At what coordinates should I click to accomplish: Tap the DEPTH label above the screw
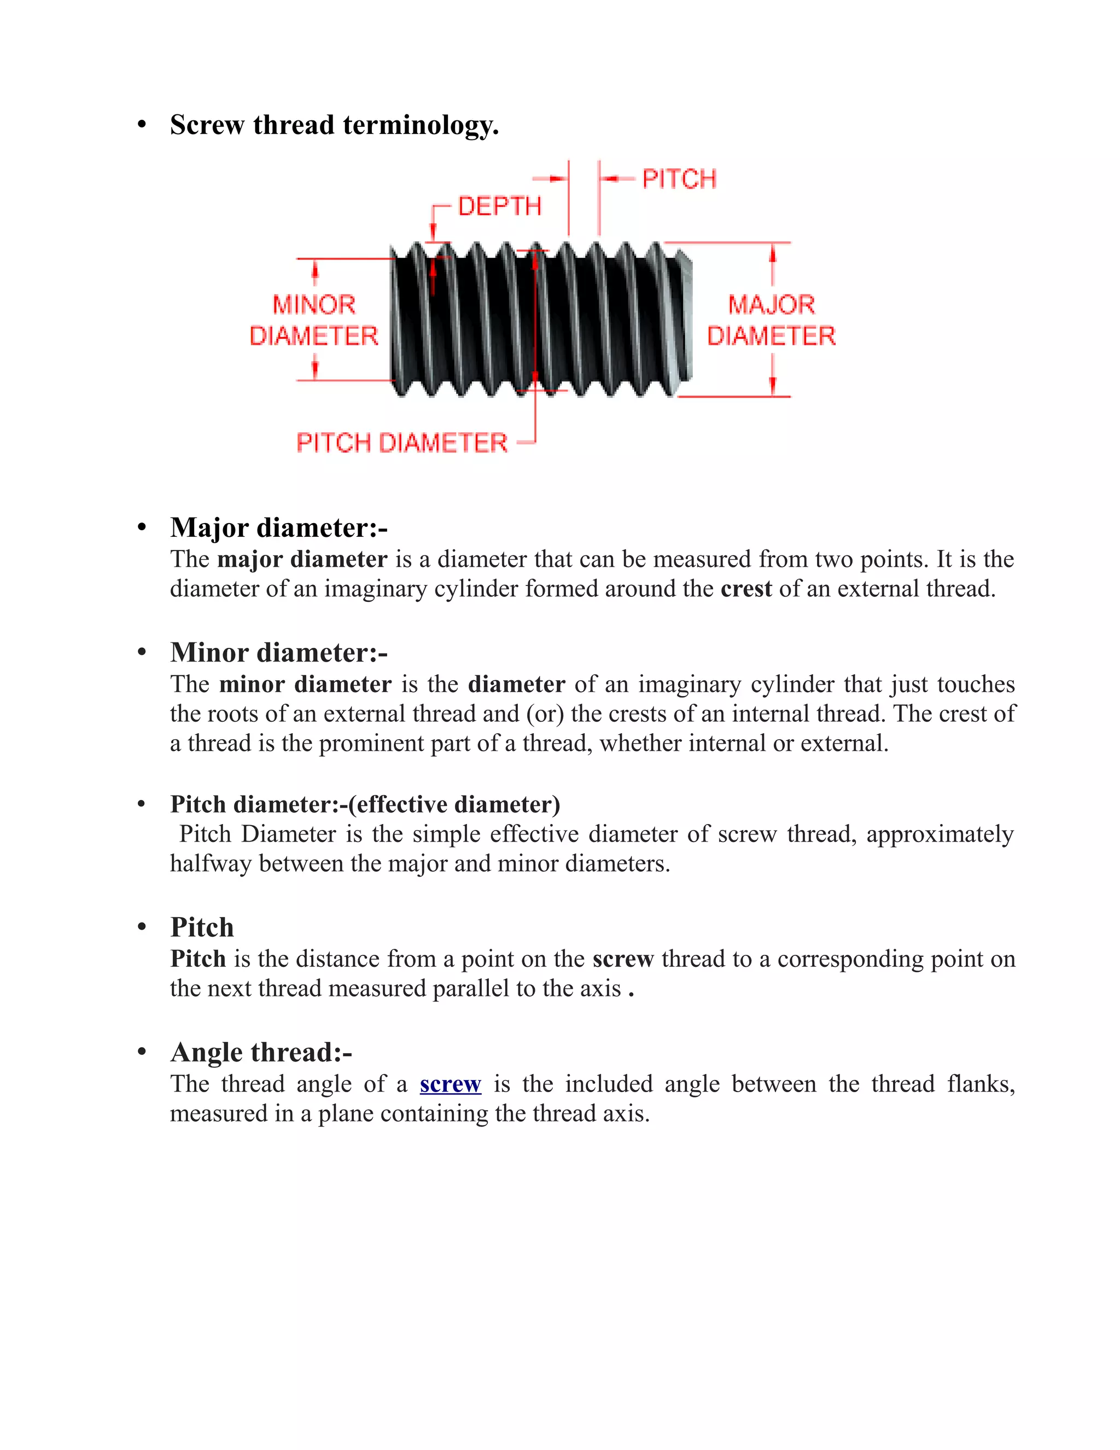[500, 206]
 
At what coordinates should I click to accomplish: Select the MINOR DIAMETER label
[313, 320]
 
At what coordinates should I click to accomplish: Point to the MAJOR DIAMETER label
[771, 320]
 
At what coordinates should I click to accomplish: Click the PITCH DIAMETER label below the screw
[401, 443]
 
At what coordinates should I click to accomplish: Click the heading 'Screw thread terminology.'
[334, 125]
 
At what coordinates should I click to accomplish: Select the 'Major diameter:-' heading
[279, 528]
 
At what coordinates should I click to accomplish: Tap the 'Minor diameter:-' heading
[279, 653]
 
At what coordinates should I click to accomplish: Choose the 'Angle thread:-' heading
[261, 1052]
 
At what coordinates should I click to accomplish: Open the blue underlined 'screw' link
[450, 1083]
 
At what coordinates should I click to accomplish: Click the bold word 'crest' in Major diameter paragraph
[746, 589]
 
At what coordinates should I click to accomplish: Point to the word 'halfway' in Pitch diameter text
[211, 864]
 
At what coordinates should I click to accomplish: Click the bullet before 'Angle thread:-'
[141, 1052]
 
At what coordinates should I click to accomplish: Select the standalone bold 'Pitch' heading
[202, 927]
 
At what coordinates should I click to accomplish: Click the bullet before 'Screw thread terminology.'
[141, 125]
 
